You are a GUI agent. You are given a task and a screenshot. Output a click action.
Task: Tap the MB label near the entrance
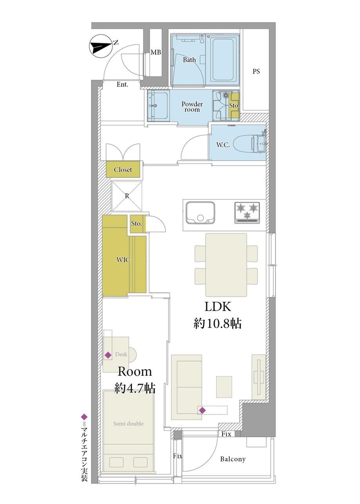(156, 52)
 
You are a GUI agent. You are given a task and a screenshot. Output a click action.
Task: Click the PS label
(256, 72)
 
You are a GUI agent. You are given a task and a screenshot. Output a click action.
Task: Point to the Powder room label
(192, 107)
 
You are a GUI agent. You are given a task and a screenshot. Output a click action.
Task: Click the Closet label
(123, 170)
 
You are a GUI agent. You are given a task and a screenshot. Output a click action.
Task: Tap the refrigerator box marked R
(127, 196)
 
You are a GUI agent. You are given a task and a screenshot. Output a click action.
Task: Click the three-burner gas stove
(247, 213)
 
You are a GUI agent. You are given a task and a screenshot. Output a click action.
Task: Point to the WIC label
(123, 260)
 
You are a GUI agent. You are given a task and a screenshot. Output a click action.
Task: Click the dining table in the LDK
(226, 265)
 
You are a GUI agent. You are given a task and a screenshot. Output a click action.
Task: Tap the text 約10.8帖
(218, 324)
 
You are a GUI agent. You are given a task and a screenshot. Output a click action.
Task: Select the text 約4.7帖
(135, 388)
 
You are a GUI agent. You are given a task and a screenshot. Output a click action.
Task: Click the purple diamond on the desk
(108, 355)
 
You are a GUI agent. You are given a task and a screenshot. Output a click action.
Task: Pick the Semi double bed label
(128, 424)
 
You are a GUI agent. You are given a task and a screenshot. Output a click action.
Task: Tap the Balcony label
(233, 459)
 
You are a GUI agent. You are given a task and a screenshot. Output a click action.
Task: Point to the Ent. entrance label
(122, 84)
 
